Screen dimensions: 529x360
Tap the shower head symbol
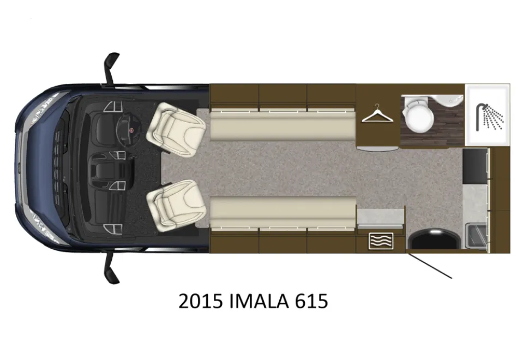click(x=490, y=117)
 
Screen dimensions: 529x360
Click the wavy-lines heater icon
click(x=381, y=241)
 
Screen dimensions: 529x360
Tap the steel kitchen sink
click(x=476, y=236)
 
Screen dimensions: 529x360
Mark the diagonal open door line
click(x=430, y=266)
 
